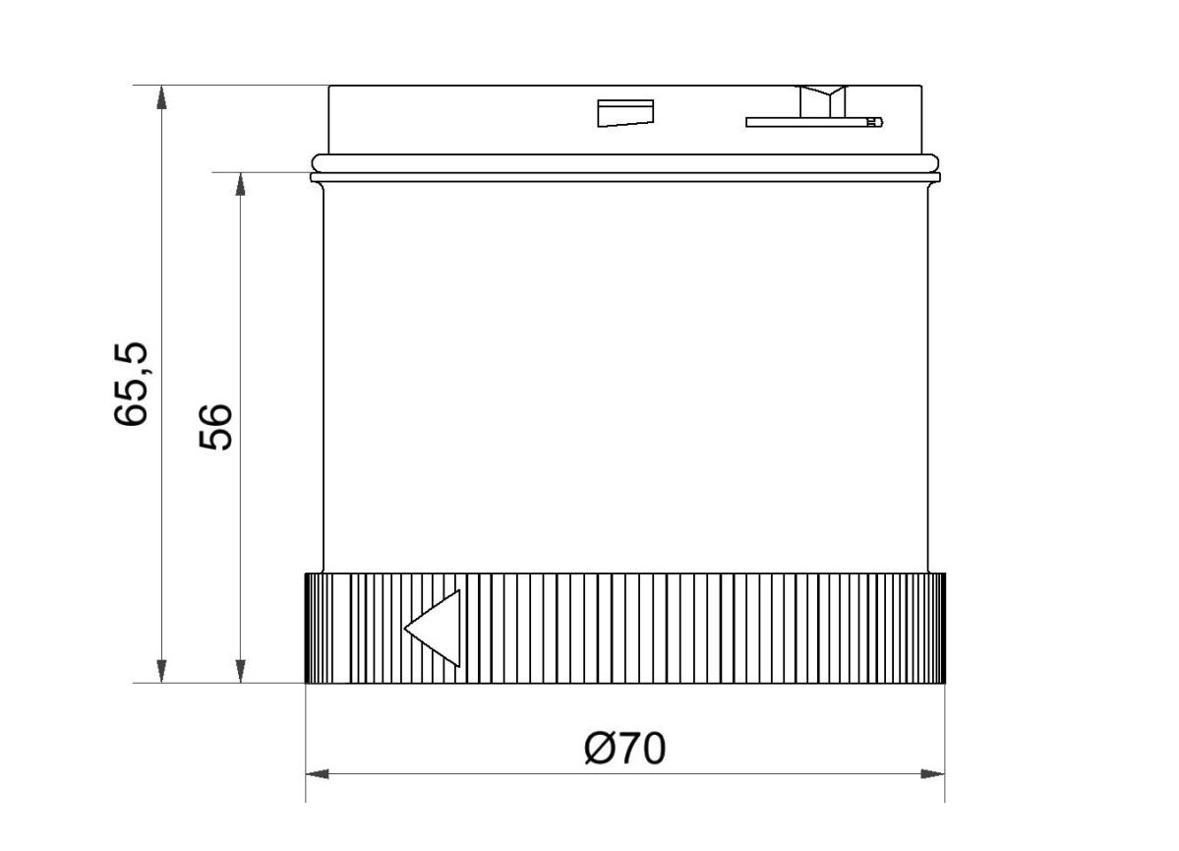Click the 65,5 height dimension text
132,384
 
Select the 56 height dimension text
215,425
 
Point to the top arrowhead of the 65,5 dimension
161,96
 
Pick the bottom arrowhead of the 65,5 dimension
161,671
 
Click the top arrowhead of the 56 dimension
240,184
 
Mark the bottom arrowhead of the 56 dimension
240,671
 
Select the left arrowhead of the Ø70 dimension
317,774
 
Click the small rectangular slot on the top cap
625,113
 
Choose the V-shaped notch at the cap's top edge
823,99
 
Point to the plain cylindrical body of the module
625,374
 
